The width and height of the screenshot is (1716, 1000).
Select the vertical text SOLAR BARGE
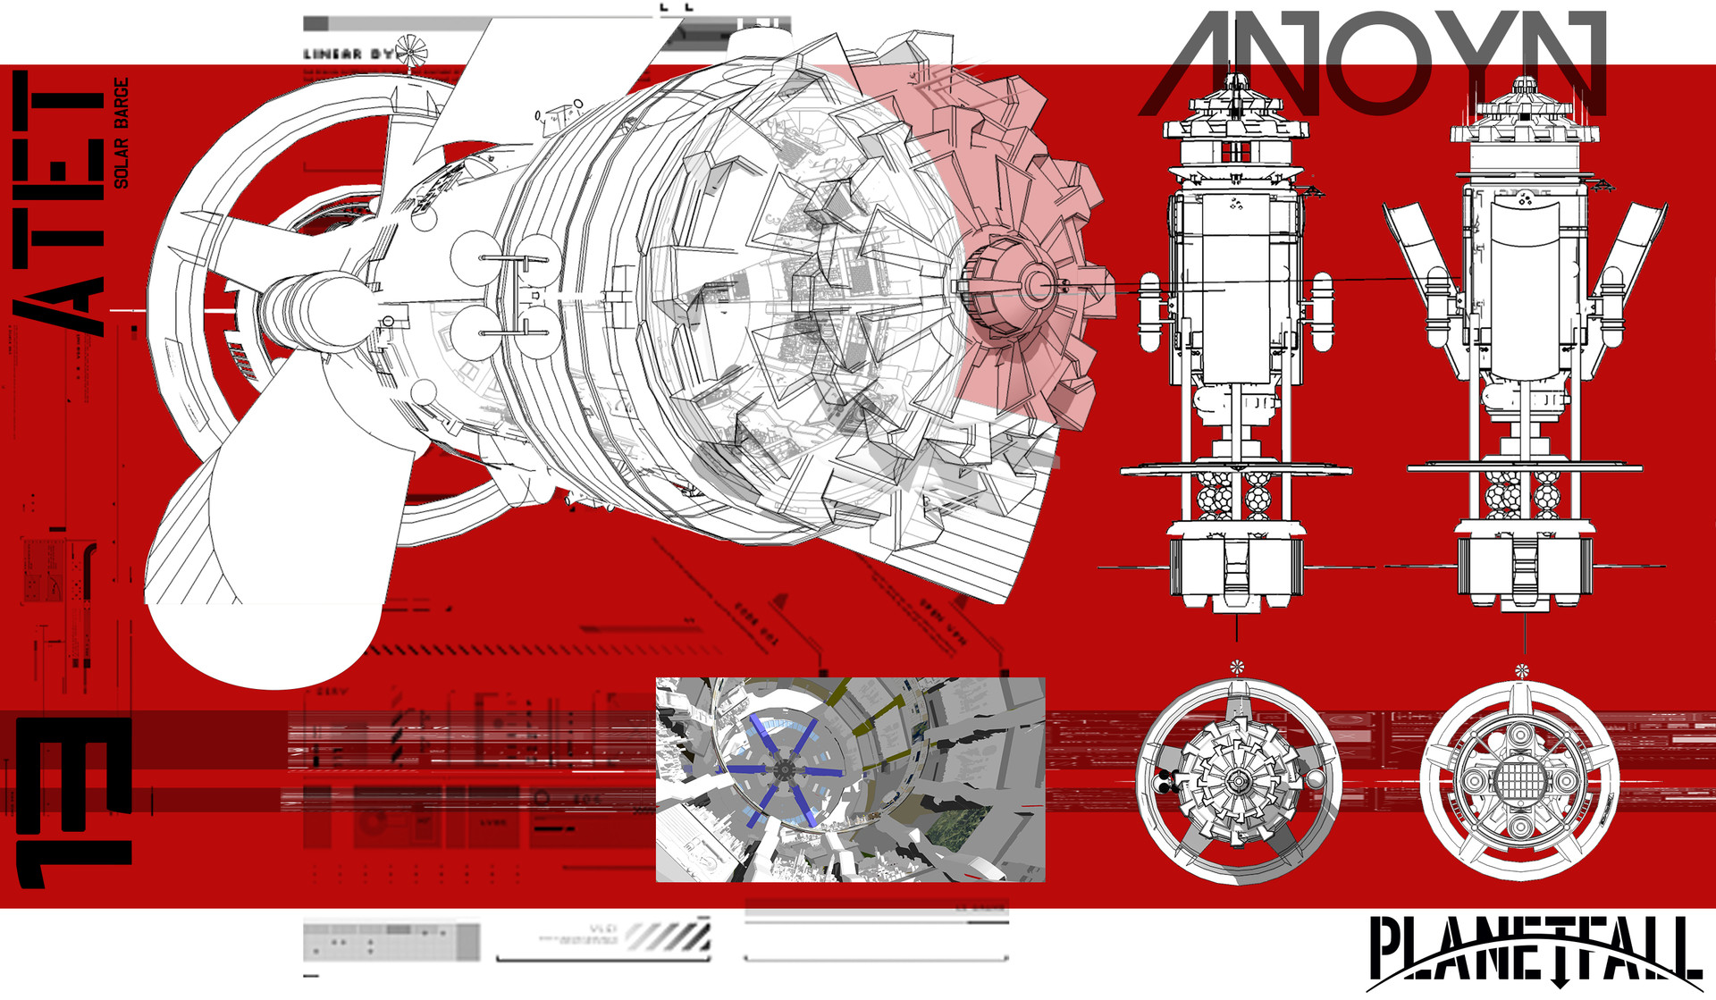pyautogui.click(x=122, y=133)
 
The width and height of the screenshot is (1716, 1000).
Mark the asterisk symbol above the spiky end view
pyautogui.click(x=1237, y=666)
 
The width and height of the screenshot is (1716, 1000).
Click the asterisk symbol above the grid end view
pyautogui.click(x=1522, y=670)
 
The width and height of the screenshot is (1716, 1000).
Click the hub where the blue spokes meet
pyautogui.click(x=783, y=769)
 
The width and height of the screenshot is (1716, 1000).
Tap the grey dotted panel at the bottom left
pyautogui.click(x=391, y=942)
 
